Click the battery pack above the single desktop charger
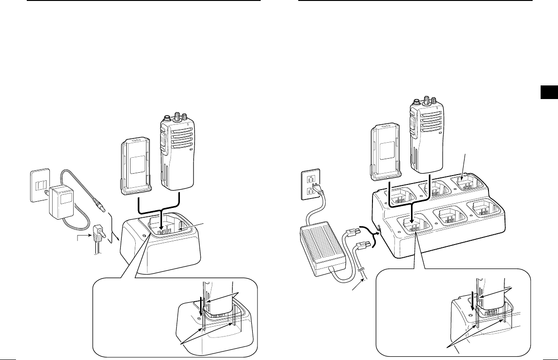pos(136,167)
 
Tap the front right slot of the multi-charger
pos(486,208)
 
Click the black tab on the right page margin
pos(548,93)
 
